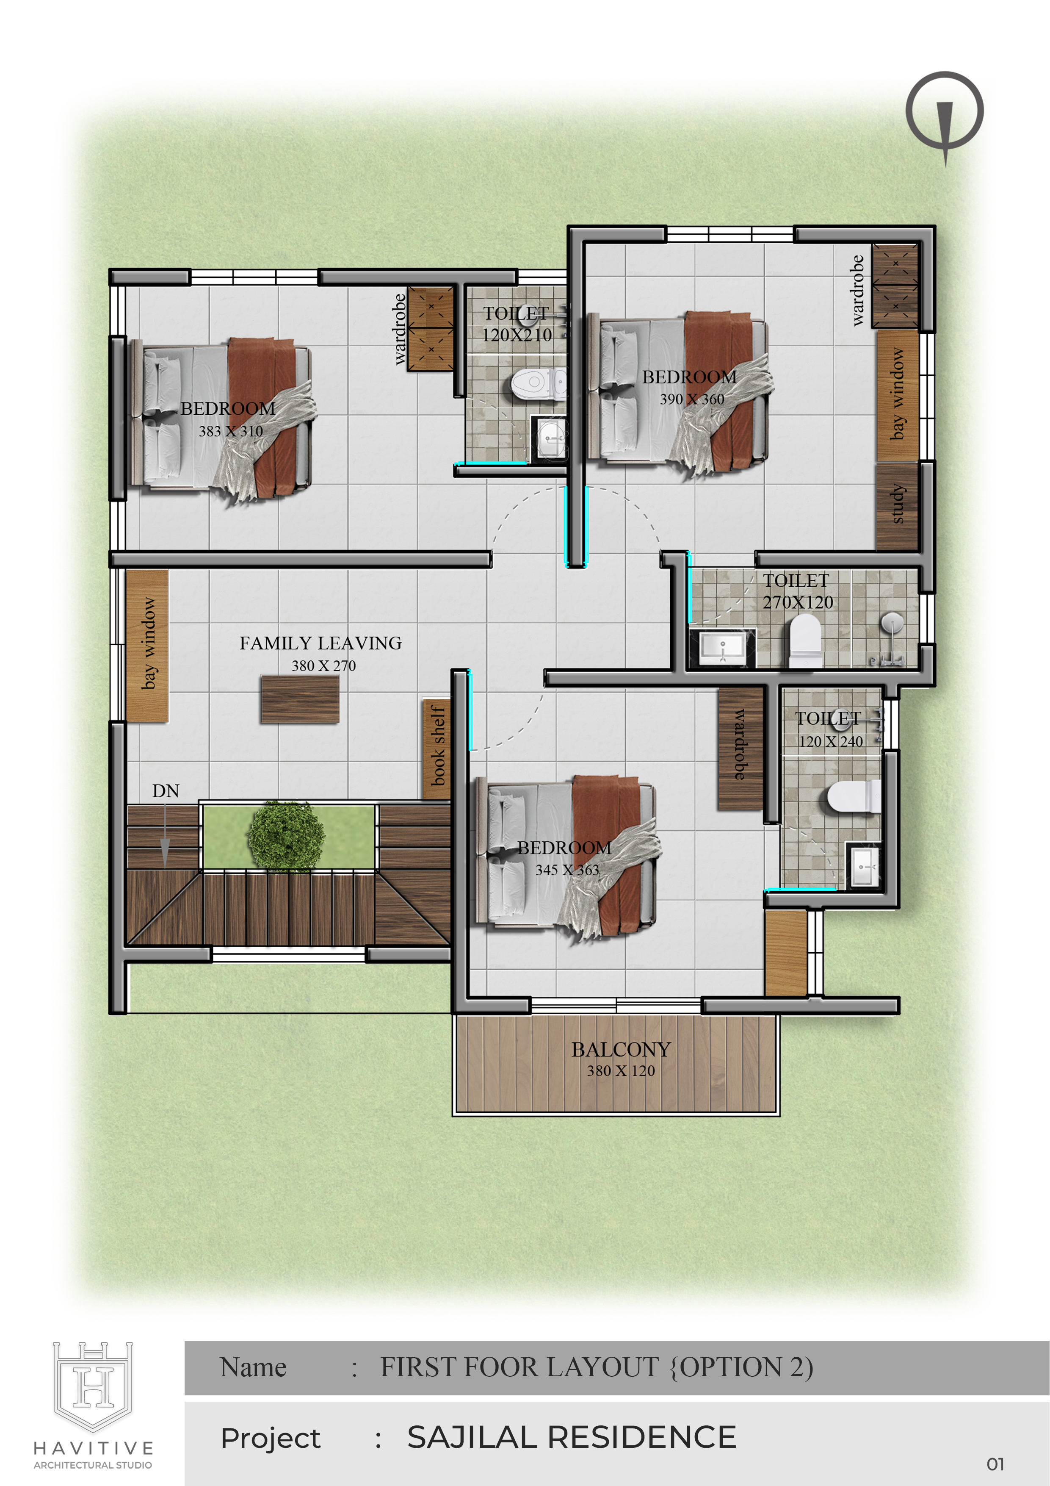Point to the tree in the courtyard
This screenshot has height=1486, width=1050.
(286, 835)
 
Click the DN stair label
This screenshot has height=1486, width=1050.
(166, 791)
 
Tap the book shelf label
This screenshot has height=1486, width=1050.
(438, 746)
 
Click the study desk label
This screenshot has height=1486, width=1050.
(897, 504)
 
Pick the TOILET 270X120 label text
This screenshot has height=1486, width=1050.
(797, 591)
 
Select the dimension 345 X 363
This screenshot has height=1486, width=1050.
(567, 870)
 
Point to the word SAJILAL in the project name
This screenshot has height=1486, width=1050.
(474, 1437)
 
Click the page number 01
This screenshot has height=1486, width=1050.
(996, 1464)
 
